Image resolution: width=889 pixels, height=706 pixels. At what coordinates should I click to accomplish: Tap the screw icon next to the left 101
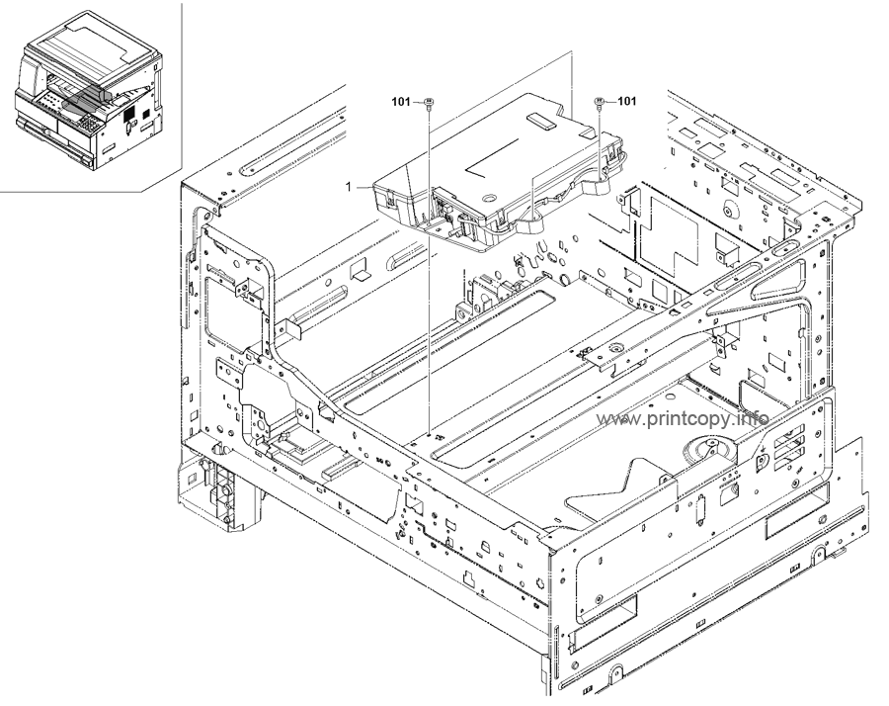click(x=429, y=103)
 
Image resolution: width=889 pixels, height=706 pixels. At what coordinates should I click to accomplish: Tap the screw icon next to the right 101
click(x=601, y=103)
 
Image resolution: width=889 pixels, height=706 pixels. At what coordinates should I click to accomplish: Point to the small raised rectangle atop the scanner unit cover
click(x=543, y=121)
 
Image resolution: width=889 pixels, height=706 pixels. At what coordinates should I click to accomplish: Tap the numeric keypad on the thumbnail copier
click(x=88, y=123)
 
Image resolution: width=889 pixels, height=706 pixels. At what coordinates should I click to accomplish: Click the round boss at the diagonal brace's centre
click(x=614, y=348)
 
